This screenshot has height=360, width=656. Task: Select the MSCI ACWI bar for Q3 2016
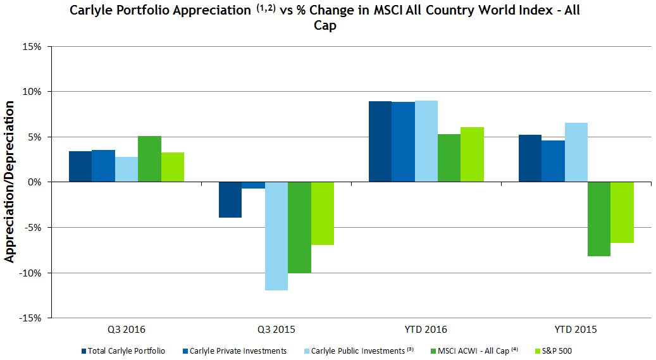click(149, 159)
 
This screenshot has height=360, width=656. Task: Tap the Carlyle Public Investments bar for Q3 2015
click(276, 235)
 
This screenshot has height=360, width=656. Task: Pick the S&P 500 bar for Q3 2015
click(322, 213)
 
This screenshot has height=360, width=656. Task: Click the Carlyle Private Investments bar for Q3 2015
click(253, 185)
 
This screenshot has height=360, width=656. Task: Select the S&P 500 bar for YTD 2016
click(472, 154)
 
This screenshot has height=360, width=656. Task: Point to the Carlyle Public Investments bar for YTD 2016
click(426, 141)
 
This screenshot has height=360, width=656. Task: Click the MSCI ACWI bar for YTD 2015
click(598, 219)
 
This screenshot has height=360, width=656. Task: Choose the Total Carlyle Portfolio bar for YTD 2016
click(380, 142)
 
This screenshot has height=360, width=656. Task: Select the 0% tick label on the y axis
click(35, 182)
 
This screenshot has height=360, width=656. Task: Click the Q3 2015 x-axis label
click(276, 330)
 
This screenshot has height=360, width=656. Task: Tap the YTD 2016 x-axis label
click(426, 330)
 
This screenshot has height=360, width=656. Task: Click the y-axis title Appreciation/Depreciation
click(9, 182)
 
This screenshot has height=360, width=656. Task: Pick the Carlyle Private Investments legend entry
click(238, 351)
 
